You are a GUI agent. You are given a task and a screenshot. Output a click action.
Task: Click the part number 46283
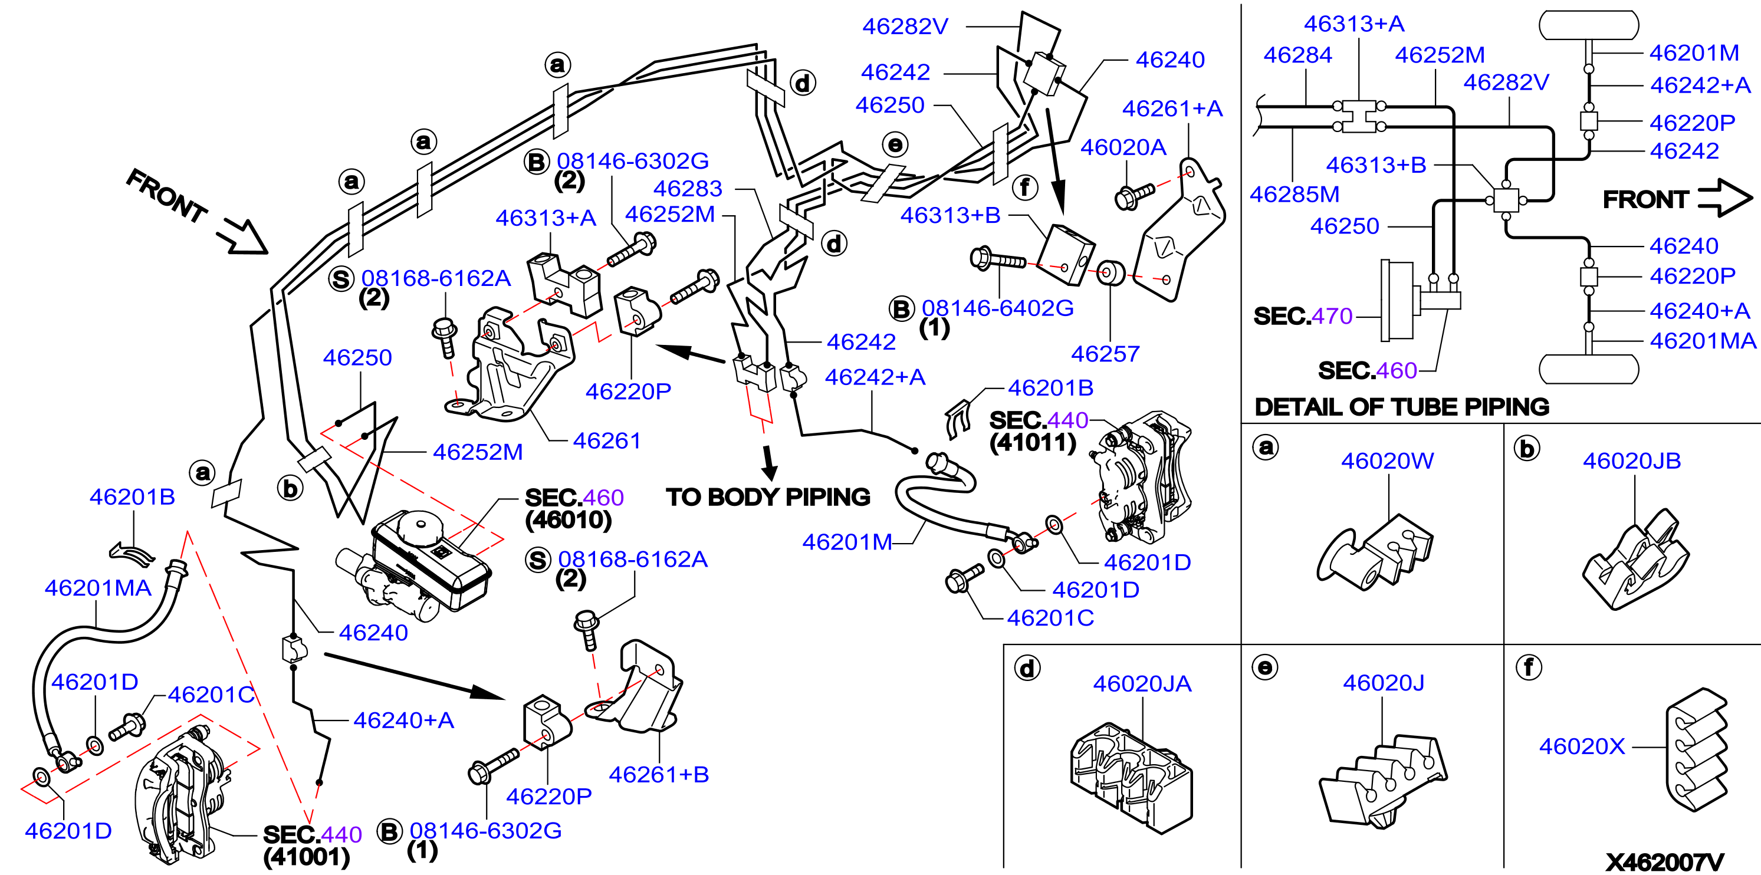pyautogui.click(x=688, y=188)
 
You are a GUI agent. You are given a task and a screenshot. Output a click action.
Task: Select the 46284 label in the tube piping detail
pyautogui.click(x=1297, y=55)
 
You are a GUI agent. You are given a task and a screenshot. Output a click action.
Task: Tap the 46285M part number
pyautogui.click(x=1294, y=194)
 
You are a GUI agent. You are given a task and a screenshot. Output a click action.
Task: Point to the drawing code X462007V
pyautogui.click(x=1665, y=862)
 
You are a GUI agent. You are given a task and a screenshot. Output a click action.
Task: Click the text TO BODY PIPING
pyautogui.click(x=768, y=497)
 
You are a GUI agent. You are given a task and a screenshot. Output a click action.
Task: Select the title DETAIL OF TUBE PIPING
pyautogui.click(x=1402, y=407)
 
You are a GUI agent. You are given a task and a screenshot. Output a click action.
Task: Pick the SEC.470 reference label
pyautogui.click(x=1303, y=316)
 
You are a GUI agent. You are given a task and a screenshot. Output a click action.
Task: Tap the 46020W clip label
pyautogui.click(x=1387, y=460)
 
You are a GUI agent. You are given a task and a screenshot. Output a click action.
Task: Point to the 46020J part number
pyautogui.click(x=1384, y=682)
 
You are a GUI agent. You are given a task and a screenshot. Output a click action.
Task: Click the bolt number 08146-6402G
pyautogui.click(x=997, y=308)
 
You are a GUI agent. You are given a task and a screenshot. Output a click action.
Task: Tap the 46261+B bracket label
pyautogui.click(x=658, y=775)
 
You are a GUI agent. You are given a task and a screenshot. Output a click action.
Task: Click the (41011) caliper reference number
pyautogui.click(x=1032, y=442)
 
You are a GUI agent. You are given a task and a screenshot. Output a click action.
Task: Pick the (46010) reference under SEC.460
pyautogui.click(x=568, y=519)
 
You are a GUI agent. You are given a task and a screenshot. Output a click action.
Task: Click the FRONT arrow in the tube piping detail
pyautogui.click(x=1725, y=198)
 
